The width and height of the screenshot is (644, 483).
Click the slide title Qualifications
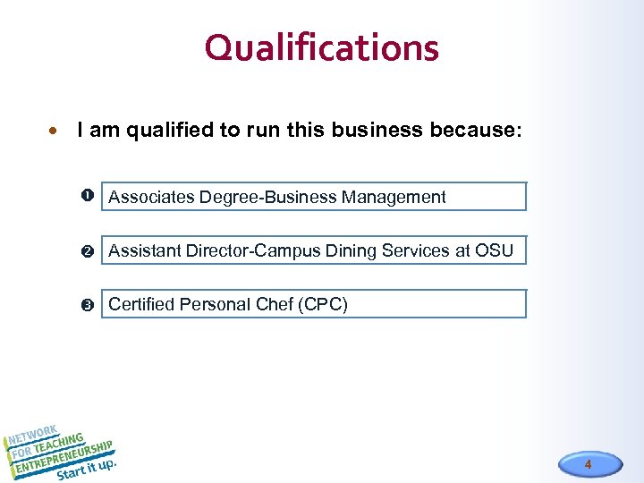[321, 47]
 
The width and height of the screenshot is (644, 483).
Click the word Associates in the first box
[152, 197]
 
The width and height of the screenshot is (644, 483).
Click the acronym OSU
[494, 250]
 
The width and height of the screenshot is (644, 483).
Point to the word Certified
[141, 304]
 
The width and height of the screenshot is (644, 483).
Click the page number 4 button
[588, 464]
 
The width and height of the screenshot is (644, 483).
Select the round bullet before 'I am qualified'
[55, 131]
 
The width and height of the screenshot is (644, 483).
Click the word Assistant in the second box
[143, 250]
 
